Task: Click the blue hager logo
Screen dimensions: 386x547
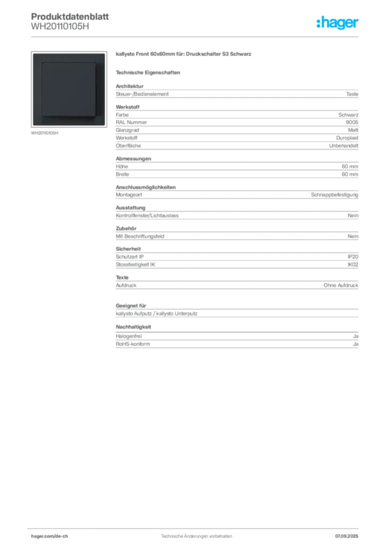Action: (339, 23)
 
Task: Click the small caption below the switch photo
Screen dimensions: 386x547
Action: (45, 134)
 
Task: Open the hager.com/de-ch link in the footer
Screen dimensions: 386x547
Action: (59, 536)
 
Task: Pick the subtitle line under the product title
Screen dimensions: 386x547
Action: (149, 72)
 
